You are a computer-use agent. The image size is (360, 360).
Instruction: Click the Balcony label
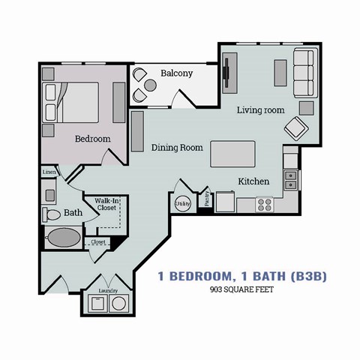click(x=176, y=73)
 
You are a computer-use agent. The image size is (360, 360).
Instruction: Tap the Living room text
click(x=260, y=110)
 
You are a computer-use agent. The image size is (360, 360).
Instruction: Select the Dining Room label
click(x=177, y=148)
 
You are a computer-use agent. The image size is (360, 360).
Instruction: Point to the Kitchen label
click(x=253, y=182)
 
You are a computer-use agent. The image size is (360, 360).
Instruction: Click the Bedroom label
click(x=93, y=139)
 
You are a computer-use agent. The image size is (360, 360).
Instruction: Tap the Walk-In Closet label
click(x=106, y=203)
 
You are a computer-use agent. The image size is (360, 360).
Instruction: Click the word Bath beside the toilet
click(x=73, y=213)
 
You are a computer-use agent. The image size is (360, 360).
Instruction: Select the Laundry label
click(x=108, y=290)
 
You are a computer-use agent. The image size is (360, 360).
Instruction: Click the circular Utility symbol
click(x=183, y=203)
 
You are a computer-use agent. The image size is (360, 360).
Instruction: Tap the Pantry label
click(x=205, y=198)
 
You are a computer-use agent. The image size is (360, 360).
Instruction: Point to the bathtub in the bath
click(x=61, y=239)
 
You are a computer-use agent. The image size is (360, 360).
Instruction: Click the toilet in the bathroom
click(x=52, y=215)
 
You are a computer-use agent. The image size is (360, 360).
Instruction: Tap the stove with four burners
click(x=265, y=203)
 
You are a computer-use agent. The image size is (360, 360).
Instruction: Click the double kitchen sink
click(x=291, y=179)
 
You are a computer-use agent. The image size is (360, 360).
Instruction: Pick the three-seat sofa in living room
click(x=304, y=72)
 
